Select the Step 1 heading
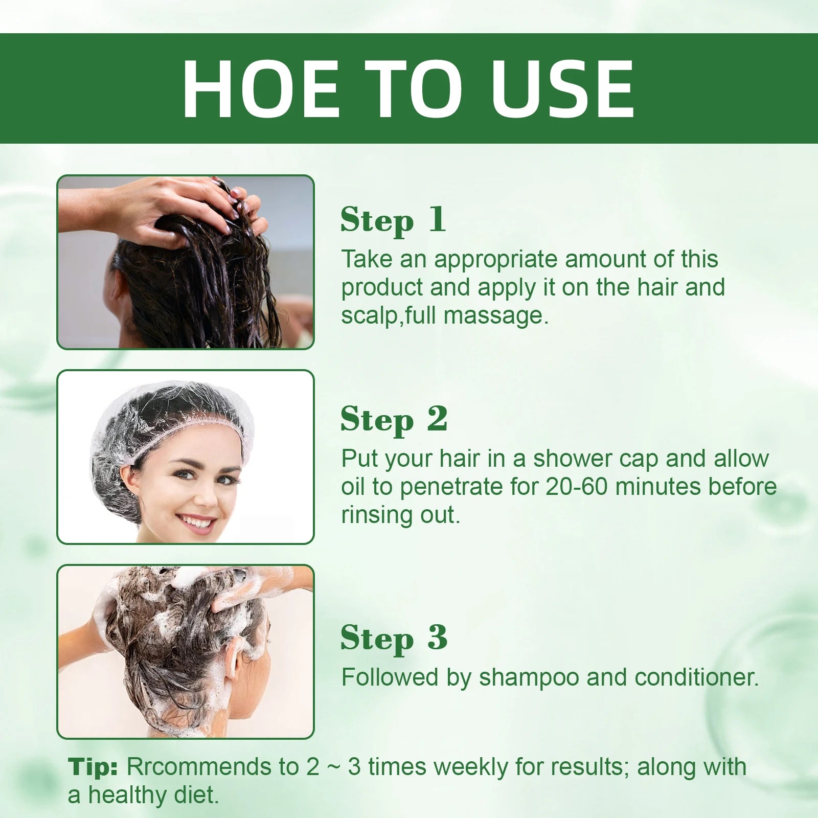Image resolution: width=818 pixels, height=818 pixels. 393,220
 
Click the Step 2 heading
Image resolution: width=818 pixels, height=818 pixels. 394,420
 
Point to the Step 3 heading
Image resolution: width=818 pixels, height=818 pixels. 394,638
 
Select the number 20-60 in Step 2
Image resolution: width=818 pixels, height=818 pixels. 577,487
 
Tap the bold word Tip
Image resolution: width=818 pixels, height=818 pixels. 93,767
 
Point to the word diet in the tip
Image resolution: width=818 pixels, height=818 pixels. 200,796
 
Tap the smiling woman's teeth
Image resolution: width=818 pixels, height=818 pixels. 197,522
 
